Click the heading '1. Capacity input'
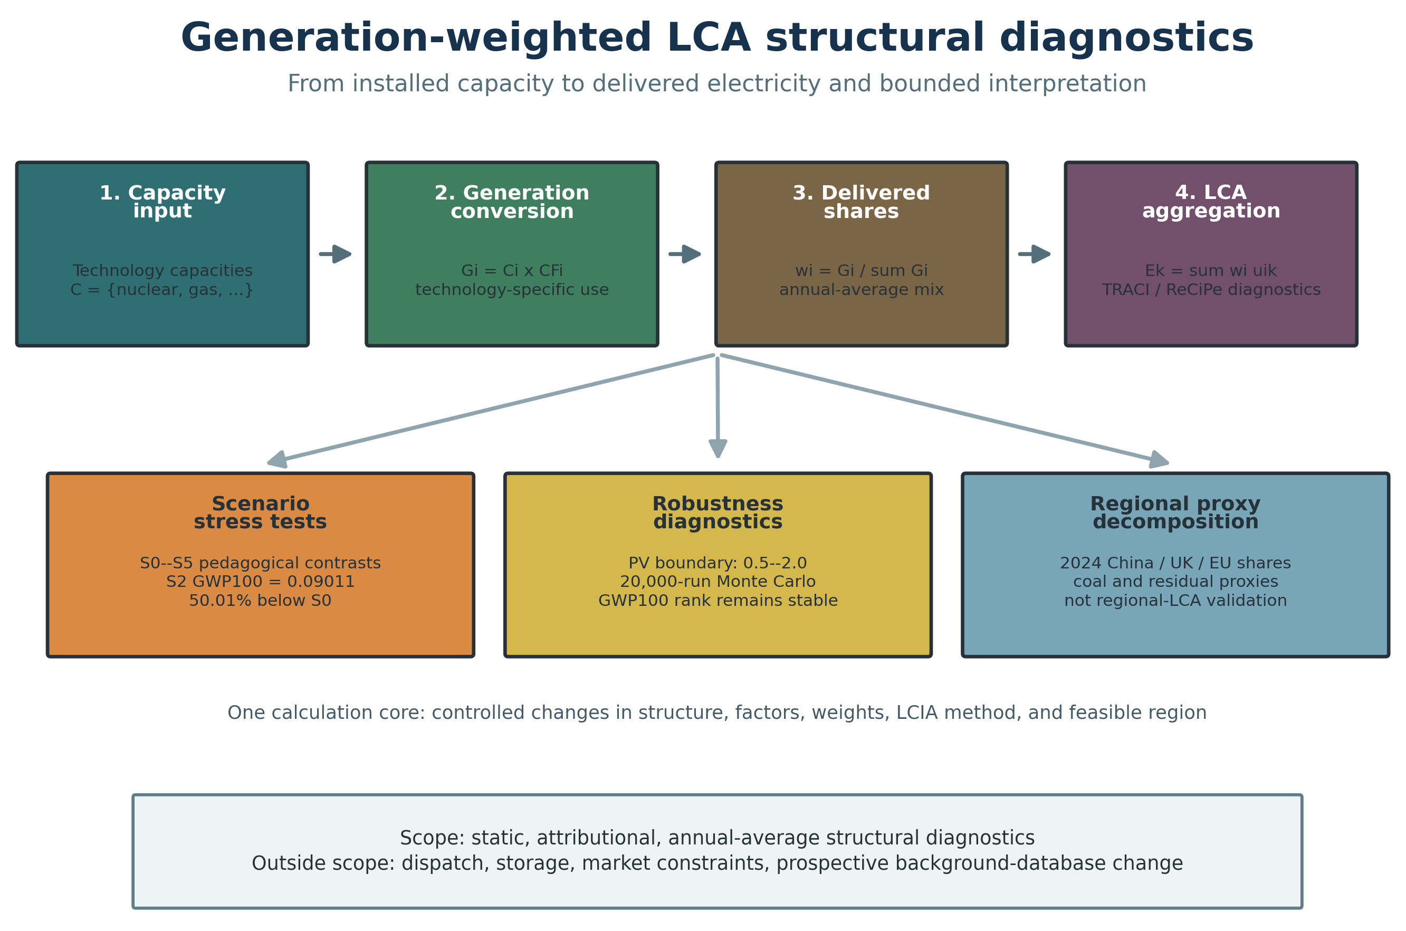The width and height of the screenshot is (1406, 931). pos(162,201)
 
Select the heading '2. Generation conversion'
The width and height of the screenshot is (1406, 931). pos(512,201)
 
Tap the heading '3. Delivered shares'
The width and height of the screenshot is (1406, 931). pos(861,201)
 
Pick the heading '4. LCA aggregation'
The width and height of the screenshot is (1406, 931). pos(1211,201)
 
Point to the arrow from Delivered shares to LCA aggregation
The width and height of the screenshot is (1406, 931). pos(1035,254)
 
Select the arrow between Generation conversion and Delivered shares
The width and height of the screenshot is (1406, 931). pos(685,254)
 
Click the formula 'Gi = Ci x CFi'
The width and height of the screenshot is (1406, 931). pos(512,271)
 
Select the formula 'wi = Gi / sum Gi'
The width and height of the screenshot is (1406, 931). pos(861,271)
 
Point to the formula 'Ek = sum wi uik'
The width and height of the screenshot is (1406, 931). pos(1211,271)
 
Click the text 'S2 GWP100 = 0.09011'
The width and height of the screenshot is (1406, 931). pos(260,581)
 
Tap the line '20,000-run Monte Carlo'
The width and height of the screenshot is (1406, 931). pos(718,582)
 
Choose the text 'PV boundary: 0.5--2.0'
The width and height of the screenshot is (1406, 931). pos(718,563)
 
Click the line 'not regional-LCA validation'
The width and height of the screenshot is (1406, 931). pos(1175,600)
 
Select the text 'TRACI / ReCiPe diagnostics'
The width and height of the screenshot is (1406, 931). pos(1211,290)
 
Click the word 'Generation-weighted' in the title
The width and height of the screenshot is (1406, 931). pos(416,38)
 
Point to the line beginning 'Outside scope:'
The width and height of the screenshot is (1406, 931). pos(717,863)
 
